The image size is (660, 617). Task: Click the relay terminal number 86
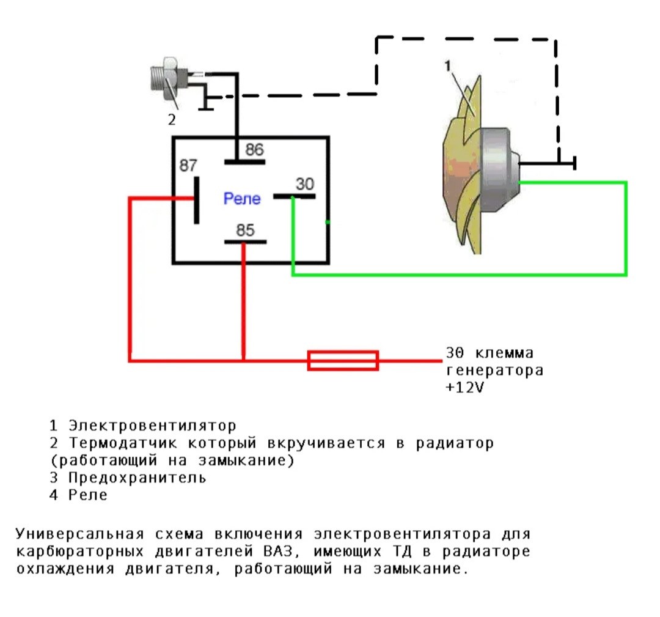pyautogui.click(x=254, y=149)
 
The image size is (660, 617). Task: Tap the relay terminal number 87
pyautogui.click(x=188, y=166)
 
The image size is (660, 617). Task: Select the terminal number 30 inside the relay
pyautogui.click(x=304, y=183)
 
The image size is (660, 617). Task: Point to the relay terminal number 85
pyautogui.click(x=246, y=229)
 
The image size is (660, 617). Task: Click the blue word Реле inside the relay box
pyautogui.click(x=242, y=199)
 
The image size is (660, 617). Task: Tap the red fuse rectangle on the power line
pyautogui.click(x=343, y=360)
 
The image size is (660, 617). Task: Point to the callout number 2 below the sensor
pyautogui.click(x=172, y=119)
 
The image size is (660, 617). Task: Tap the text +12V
pyautogui.click(x=465, y=388)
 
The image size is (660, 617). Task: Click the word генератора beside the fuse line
pyautogui.click(x=494, y=371)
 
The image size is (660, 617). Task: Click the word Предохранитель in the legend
pyautogui.click(x=137, y=478)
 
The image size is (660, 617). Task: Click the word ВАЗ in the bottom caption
pyautogui.click(x=283, y=552)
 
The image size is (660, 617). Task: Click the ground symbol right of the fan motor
pyautogui.click(x=574, y=163)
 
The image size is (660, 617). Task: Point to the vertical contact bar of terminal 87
pyautogui.click(x=197, y=199)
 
